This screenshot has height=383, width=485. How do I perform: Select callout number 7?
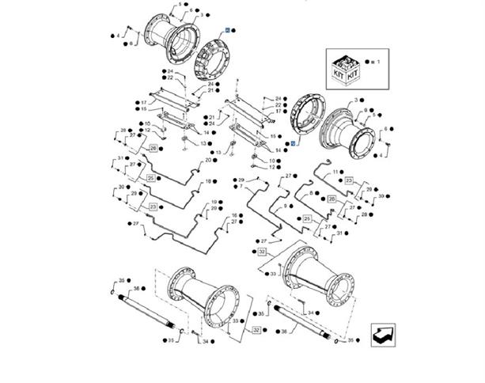(x=241, y=187)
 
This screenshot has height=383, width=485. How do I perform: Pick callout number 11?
(x=335, y=172)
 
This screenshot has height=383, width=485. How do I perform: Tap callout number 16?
(x=234, y=215)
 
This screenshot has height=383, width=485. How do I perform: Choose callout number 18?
(x=209, y=181)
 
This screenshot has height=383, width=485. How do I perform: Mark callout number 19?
(x=213, y=203)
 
